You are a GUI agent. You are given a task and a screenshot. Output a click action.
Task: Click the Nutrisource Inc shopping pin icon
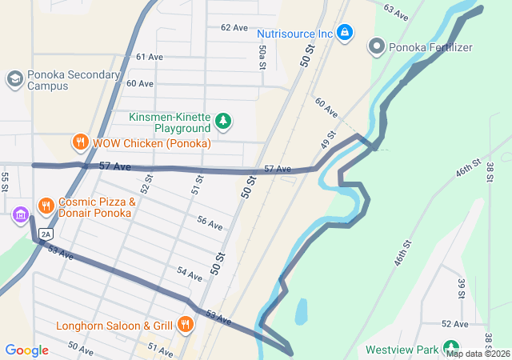[x=345, y=33]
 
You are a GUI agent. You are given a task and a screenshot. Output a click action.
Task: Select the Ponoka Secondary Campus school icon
[x=14, y=78]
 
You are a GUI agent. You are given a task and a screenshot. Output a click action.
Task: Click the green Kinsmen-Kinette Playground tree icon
[x=224, y=122]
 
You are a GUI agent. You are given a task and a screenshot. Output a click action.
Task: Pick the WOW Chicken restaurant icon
[x=80, y=142]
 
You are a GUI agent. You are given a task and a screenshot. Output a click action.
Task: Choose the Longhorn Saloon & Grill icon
[x=186, y=325]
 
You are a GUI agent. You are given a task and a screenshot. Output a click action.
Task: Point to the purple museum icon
[x=20, y=214]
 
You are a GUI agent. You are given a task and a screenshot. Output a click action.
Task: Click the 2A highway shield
[x=46, y=234]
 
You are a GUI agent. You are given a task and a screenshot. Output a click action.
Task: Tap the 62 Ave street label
[x=234, y=27]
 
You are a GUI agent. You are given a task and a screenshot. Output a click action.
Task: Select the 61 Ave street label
[x=150, y=57]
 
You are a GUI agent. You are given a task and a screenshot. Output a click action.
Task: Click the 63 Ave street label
[x=396, y=12]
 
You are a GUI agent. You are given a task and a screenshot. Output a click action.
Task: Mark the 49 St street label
[x=327, y=138]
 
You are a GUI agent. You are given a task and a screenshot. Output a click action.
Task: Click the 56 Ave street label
[x=210, y=224]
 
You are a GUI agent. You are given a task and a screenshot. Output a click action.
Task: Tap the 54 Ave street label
[x=190, y=274]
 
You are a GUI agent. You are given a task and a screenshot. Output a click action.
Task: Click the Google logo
[x=26, y=350]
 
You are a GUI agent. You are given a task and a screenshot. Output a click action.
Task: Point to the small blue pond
[x=300, y=310]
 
